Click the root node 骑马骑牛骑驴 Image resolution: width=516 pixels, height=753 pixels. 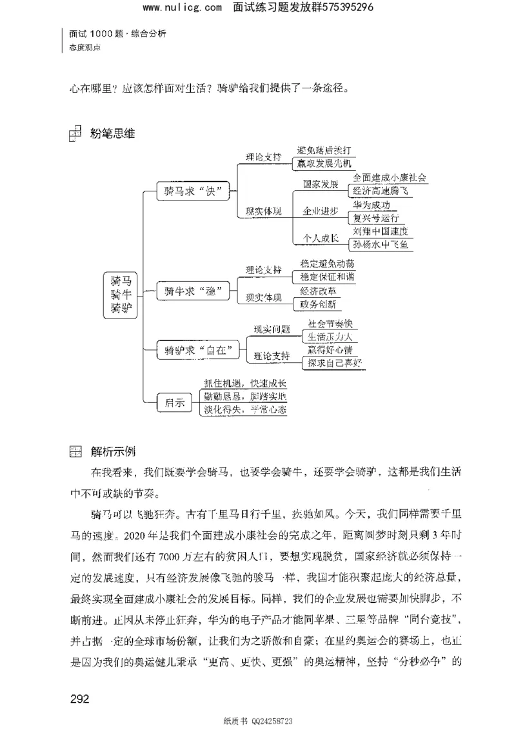pos(121,294)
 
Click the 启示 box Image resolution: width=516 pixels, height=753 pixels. pos(175,403)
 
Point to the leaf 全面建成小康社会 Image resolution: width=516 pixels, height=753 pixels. pos(391,177)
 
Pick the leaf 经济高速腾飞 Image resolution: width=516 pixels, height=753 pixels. pos(380,191)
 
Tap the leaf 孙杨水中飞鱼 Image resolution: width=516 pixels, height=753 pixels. pos(381,244)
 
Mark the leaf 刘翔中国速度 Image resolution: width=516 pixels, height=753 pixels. pos(381,231)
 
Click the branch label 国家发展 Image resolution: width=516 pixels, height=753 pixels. pos(321,184)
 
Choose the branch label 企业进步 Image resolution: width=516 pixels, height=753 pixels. pos(321,211)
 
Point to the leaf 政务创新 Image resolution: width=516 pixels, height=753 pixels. pos(317,304)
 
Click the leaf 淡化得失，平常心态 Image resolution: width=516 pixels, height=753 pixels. pos(244,410)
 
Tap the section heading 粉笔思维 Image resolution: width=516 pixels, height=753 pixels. pos(112,135)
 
